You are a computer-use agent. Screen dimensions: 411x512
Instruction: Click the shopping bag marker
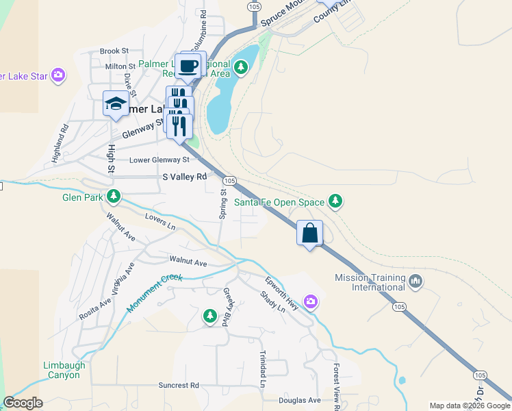(x=309, y=233)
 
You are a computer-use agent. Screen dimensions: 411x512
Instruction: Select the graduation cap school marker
(x=116, y=105)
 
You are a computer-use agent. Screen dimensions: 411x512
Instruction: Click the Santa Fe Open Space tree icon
(x=335, y=201)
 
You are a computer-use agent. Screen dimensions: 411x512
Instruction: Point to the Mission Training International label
(x=370, y=282)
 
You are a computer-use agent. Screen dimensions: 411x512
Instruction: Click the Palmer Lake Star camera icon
(x=58, y=75)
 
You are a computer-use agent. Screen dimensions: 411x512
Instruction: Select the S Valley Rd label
(x=184, y=177)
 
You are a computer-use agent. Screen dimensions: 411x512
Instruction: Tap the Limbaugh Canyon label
(x=64, y=371)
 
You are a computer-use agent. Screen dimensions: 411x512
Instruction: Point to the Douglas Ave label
(x=299, y=400)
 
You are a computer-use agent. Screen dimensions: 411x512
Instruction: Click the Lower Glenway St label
(x=159, y=160)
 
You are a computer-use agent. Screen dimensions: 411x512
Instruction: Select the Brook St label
(x=114, y=51)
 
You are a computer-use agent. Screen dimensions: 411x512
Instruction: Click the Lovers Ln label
(x=160, y=221)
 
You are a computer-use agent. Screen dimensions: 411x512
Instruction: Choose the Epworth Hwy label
(x=282, y=292)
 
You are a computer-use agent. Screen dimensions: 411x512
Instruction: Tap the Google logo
(x=23, y=403)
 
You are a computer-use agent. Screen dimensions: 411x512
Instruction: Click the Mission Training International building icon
(x=415, y=280)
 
